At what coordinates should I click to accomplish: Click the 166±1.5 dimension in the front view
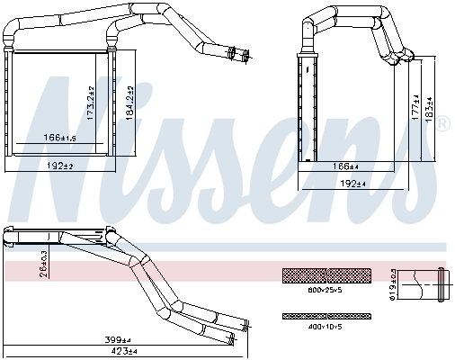[59, 138]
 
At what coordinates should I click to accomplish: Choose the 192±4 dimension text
[353, 184]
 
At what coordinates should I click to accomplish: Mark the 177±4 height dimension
[415, 109]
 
